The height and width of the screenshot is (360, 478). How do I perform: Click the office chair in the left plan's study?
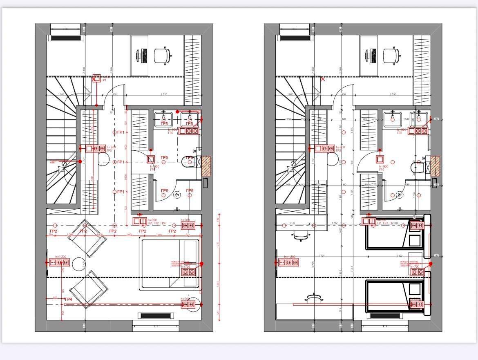162,56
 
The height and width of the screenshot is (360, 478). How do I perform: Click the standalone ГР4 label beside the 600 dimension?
69,300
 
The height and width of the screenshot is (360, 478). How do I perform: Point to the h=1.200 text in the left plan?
60,257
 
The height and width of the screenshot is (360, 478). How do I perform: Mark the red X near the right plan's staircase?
323,79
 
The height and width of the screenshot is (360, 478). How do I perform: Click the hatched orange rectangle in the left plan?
206,166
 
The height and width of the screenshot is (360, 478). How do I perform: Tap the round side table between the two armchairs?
78,264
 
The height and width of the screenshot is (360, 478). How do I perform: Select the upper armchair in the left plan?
87,239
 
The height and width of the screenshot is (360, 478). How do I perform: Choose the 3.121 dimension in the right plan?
322,256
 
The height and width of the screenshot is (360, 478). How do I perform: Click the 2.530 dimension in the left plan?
164,94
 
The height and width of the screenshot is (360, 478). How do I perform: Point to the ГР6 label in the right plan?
400,133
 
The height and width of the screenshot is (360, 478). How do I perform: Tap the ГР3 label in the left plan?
109,151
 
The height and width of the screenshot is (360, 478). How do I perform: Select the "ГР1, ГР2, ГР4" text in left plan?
157,224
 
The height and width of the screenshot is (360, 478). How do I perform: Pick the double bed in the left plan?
170,264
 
